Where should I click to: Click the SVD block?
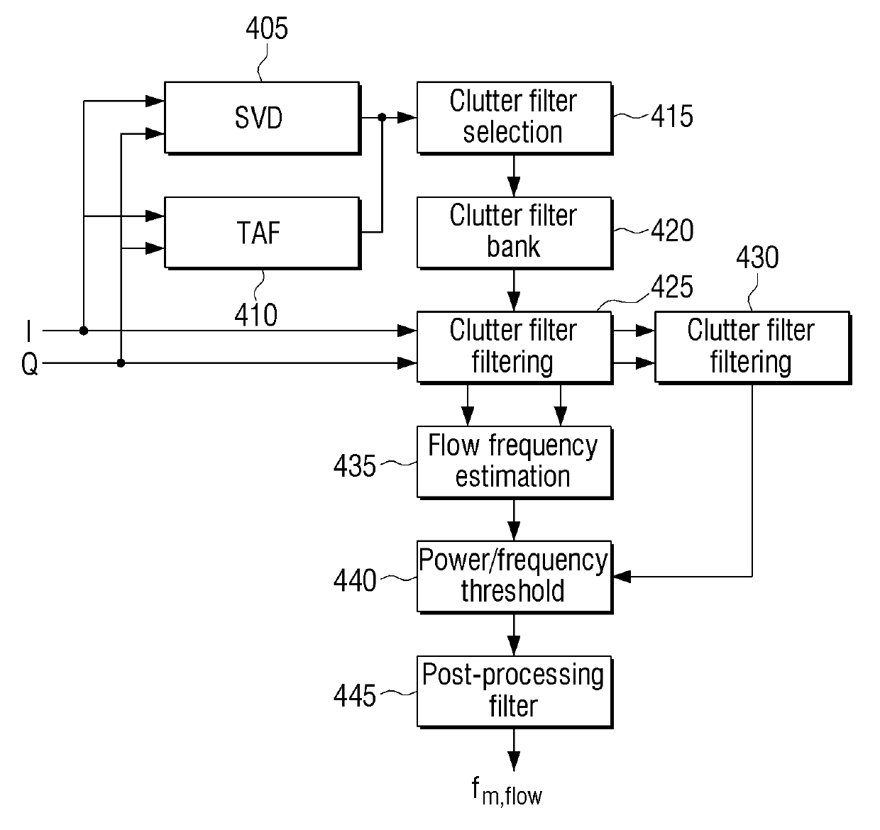click(263, 118)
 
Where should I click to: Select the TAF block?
click(263, 233)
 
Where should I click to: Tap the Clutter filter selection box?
click(515, 118)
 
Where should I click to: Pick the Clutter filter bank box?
click(515, 233)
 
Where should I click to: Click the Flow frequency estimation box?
click(515, 463)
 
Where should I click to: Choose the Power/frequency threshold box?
click(515, 577)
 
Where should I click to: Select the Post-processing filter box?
click(515, 692)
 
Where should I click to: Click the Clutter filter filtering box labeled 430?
click(752, 348)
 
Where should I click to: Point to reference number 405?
click(267, 29)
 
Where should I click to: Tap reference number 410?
click(255, 315)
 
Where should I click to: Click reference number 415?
click(672, 116)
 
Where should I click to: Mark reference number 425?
click(672, 287)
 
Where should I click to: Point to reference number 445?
click(354, 695)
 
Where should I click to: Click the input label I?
click(29, 331)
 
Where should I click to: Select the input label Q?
click(30, 365)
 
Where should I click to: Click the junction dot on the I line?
click(83, 331)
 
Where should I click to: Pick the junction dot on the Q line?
click(121, 363)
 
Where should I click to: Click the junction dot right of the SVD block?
click(382, 118)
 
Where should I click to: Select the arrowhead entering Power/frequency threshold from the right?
click(622, 577)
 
